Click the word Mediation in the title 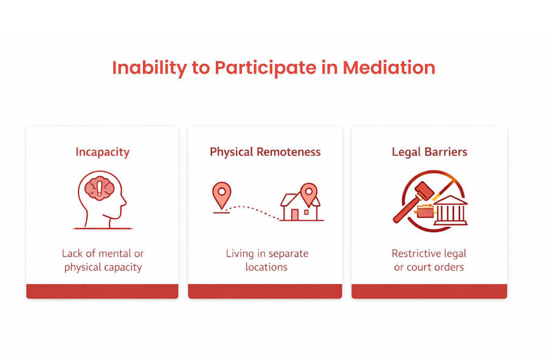point(389,67)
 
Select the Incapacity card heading point(102,152)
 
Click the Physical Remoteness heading point(265,152)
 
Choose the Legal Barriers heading point(429,152)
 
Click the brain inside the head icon point(99,187)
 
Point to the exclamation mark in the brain point(99,187)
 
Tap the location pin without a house point(221,194)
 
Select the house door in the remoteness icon point(295,215)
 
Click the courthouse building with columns point(450,210)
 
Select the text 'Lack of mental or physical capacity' point(102,260)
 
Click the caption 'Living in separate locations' point(266,260)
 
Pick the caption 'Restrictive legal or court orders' point(429,260)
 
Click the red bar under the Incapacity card point(102,291)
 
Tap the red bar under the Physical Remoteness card point(265,291)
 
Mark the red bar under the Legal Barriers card point(429,291)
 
